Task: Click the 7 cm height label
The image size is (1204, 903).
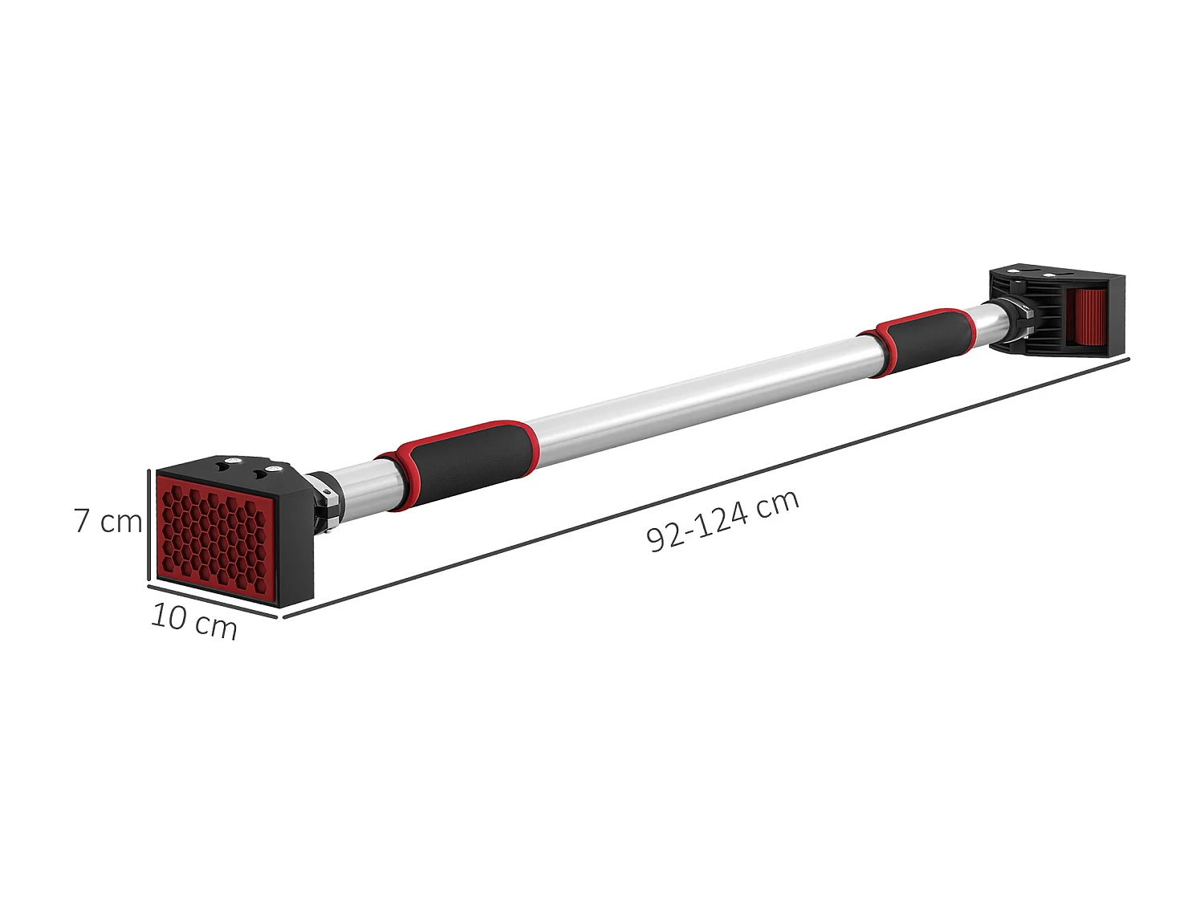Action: [108, 521]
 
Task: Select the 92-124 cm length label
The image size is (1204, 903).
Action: [722, 521]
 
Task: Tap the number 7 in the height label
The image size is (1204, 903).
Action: [82, 521]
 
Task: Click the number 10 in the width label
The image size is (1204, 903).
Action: [169, 616]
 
